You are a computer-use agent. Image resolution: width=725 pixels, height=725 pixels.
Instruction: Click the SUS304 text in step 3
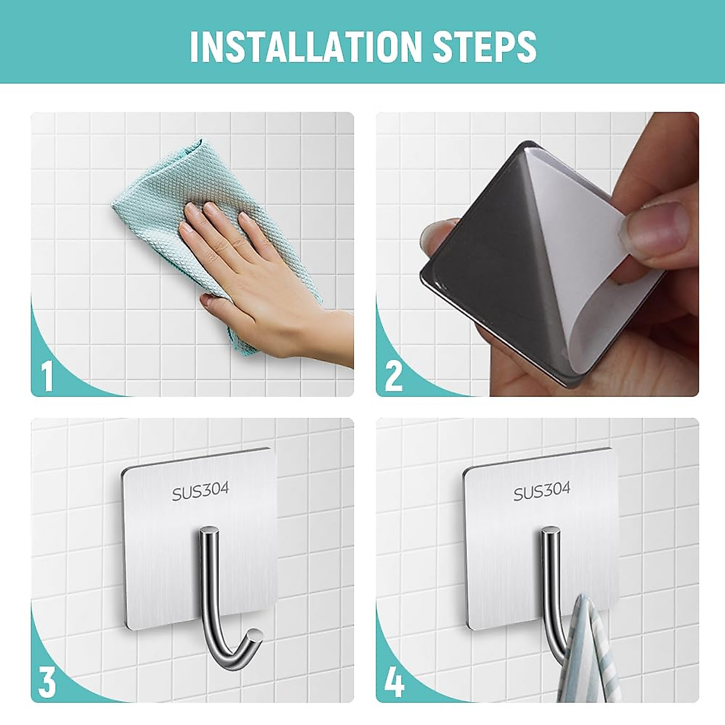(x=201, y=492)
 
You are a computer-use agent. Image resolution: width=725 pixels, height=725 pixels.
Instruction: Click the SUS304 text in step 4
(x=542, y=491)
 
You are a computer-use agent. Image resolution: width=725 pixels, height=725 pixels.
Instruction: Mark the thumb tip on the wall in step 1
(x=207, y=300)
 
